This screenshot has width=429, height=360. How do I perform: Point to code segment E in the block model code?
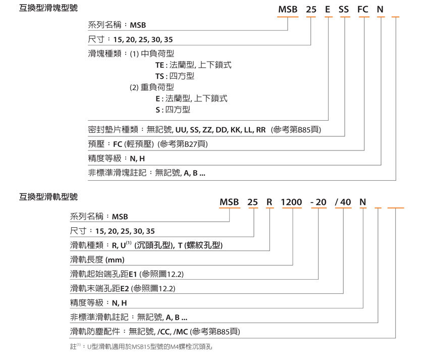click(328, 9)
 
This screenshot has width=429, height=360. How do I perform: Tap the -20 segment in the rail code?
click(319, 202)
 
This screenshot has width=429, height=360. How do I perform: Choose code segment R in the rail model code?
click(270, 202)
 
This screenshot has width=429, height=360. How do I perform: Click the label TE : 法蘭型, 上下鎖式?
click(193, 65)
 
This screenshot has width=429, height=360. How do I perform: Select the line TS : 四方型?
click(175, 76)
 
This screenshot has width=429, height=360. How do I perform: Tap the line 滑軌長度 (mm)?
click(97, 260)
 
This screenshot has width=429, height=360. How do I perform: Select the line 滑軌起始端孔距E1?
click(127, 274)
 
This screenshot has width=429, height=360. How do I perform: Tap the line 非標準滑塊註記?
click(146, 173)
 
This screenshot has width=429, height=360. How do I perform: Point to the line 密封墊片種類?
click(204, 130)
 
